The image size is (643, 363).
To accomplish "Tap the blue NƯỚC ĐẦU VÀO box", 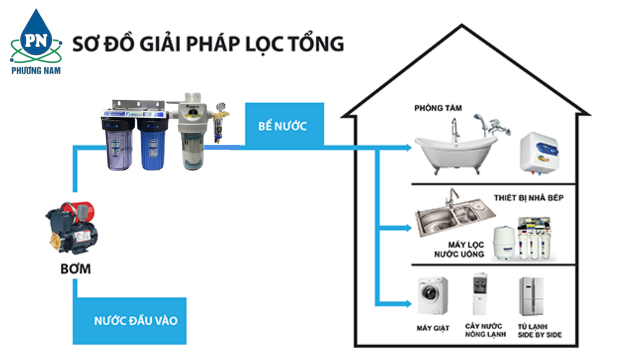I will (136, 321).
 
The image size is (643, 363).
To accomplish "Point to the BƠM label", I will (75, 269).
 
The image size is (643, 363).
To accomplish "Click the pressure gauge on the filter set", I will (219, 104).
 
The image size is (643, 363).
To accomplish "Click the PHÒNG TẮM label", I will (438, 108).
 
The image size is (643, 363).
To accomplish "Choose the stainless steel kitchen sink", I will (447, 217).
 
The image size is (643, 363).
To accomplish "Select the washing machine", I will (433, 296).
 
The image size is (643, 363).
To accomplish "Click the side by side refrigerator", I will (530, 296).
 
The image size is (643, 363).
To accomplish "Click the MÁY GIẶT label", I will (433, 328).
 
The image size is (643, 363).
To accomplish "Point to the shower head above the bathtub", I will (478, 118).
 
